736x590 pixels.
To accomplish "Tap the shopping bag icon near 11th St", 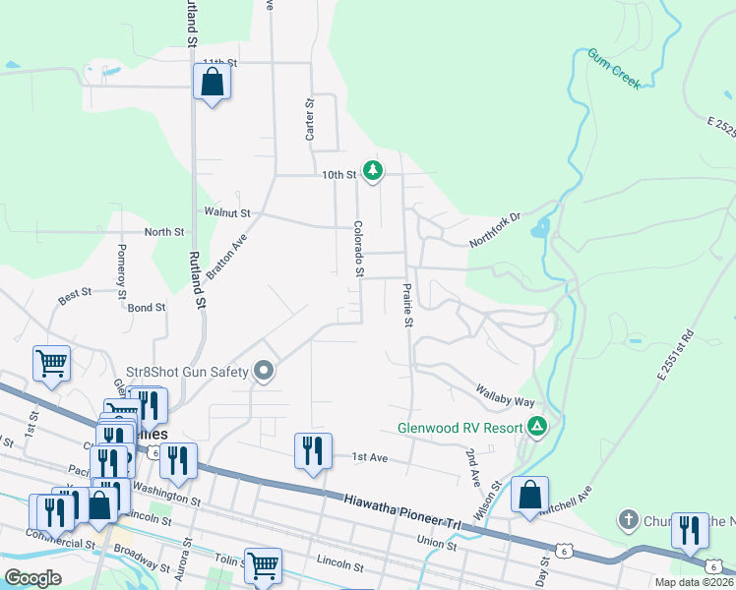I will point(212,84).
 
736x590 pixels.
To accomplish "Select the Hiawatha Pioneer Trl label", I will point(402,512).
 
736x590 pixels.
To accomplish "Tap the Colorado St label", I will point(360,248).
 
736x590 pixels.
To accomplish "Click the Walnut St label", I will point(227,212).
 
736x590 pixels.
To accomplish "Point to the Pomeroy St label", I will point(122,270).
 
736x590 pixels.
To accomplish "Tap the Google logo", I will point(32,578).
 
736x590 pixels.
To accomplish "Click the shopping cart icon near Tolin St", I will point(263,565).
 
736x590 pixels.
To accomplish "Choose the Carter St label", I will point(309,118).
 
